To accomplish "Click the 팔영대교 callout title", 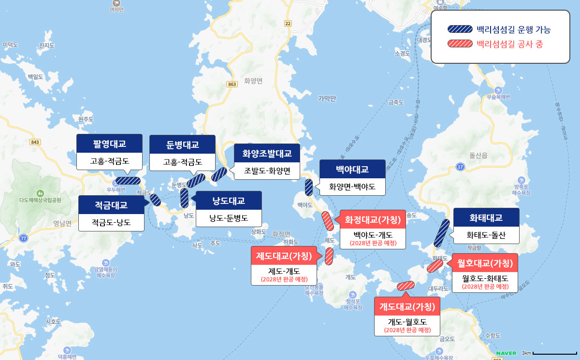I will (109, 143).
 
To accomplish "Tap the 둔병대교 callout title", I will (183, 144).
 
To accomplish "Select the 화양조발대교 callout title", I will (267, 153).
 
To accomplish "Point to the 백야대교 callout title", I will (352, 169).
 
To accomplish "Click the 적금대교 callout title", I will (111, 205).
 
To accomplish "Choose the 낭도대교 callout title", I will (229, 201).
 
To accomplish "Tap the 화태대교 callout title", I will (486, 217).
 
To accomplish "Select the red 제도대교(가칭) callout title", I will (283, 256).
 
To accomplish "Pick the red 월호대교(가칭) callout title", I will (485, 263).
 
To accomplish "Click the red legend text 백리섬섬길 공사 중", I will (509, 44).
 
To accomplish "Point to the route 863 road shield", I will (232, 84).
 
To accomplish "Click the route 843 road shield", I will (34, 142).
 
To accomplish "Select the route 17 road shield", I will (460, 167).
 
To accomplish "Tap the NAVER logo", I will (506, 352).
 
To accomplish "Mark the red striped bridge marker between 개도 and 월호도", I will (405, 286).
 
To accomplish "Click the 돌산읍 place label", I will (478, 155).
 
